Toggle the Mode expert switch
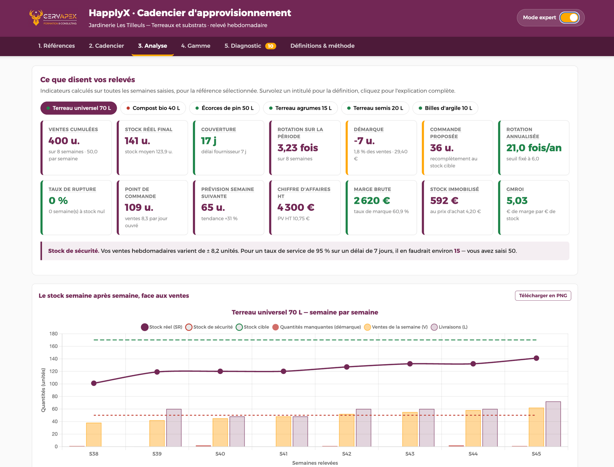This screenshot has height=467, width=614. pos(569,18)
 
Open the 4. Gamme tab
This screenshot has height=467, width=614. pos(196,46)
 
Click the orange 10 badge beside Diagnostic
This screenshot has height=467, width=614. pos(271,46)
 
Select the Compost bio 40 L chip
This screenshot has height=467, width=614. pos(153,108)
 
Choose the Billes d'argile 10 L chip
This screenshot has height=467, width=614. pos(445,108)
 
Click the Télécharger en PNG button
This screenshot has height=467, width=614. pos(543,295)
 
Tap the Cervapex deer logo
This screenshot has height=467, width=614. pos(36,17)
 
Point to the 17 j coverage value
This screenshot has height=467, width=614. pos(209,141)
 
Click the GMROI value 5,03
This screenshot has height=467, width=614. pos(517,200)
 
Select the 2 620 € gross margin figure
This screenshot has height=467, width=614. pos(372,200)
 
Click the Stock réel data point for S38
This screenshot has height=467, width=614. pos(94,383)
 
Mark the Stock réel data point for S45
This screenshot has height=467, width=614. pos(536,358)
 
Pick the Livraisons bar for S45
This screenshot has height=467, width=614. pos(553,424)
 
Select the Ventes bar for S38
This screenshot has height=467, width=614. pos(94,434)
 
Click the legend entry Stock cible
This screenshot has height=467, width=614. pos(253,327)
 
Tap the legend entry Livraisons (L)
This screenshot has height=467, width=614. pos(449,327)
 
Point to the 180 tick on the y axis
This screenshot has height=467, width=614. pos(53,333)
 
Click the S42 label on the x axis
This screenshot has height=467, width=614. pos(347,454)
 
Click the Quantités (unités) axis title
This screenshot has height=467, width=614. pos(43,390)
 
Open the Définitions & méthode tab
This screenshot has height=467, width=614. pos(322,46)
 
